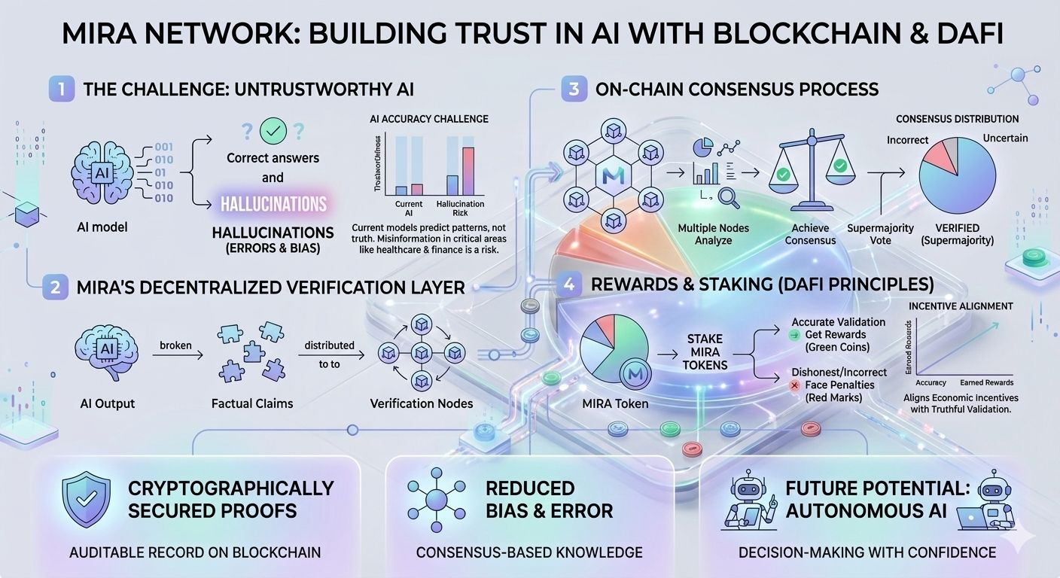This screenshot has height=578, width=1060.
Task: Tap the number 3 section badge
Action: point(574,90)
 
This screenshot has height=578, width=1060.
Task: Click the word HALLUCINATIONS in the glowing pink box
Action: point(273,204)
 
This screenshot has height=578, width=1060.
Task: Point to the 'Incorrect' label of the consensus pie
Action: point(907,140)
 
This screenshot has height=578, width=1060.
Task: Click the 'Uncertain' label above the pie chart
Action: point(1005,138)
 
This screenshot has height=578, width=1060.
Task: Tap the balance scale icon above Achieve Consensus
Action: point(810,169)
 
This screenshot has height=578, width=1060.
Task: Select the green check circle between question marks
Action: point(273,132)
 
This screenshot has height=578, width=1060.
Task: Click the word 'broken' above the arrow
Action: point(177,345)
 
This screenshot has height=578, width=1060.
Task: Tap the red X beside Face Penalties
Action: point(794,385)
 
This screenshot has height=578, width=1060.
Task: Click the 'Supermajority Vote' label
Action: point(880,233)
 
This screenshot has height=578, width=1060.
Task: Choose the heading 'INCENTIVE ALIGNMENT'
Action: point(960,306)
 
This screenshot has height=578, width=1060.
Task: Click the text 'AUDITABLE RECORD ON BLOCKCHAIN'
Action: point(195,552)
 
